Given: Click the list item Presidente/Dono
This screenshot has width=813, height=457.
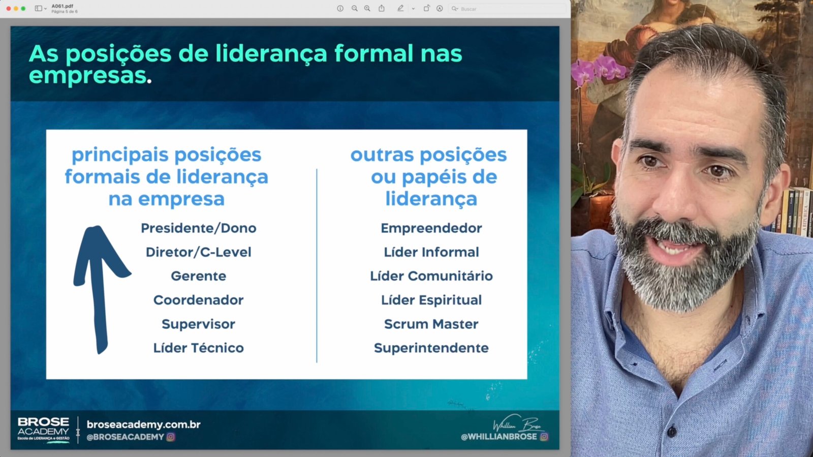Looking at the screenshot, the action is click(x=199, y=228).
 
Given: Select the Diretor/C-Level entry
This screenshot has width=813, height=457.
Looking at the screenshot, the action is click(x=199, y=252).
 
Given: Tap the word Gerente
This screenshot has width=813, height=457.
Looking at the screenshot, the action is click(x=199, y=276).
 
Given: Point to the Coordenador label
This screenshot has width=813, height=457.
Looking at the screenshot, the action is click(x=199, y=300).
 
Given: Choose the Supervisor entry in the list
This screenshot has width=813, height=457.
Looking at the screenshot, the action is click(x=199, y=324).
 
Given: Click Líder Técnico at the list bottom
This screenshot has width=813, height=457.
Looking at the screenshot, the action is click(x=199, y=348).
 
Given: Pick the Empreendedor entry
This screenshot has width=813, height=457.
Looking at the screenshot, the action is click(x=431, y=228).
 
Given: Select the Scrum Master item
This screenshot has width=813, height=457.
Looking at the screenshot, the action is click(x=431, y=324).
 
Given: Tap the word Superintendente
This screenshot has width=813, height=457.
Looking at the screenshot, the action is click(x=431, y=348).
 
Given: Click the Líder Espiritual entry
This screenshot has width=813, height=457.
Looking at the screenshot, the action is click(x=431, y=300).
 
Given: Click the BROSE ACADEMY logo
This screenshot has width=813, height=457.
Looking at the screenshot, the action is click(x=44, y=430).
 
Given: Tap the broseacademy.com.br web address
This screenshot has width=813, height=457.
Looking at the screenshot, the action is click(x=143, y=424).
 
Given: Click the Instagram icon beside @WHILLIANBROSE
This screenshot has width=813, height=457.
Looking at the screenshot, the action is click(x=544, y=437).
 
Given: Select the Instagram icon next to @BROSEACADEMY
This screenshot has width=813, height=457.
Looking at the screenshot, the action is click(x=171, y=437).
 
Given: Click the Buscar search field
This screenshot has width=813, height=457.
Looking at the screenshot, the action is click(x=507, y=9).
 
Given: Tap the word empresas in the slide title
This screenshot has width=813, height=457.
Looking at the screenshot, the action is click(x=87, y=76).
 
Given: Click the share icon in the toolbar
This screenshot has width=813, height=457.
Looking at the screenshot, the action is click(x=382, y=8).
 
